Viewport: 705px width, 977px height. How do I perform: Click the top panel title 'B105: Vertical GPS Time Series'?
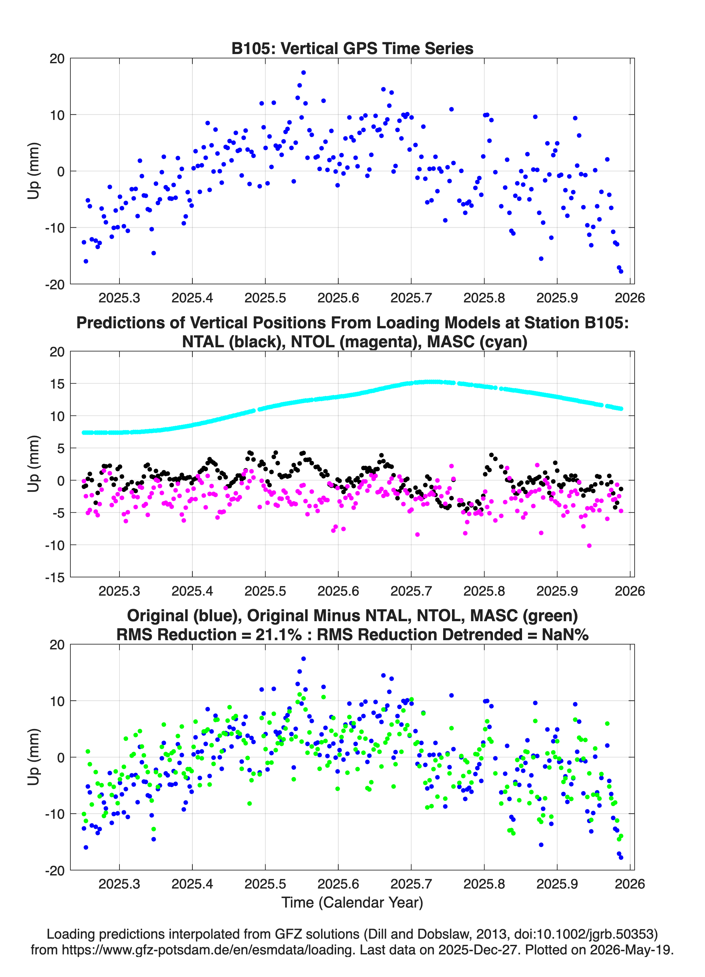point(352,48)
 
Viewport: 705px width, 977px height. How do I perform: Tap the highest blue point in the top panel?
point(303,72)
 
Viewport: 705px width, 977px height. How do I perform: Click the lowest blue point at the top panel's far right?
point(621,271)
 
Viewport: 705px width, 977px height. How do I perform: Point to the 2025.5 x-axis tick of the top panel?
point(265,298)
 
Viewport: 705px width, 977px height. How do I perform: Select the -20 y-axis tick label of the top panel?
point(55,284)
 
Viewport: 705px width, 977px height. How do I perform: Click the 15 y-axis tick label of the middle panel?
point(57,383)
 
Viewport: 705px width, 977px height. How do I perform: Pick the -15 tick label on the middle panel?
point(55,577)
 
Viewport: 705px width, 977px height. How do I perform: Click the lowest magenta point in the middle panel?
point(589,546)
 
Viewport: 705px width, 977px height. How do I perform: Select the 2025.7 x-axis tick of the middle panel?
point(411,591)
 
